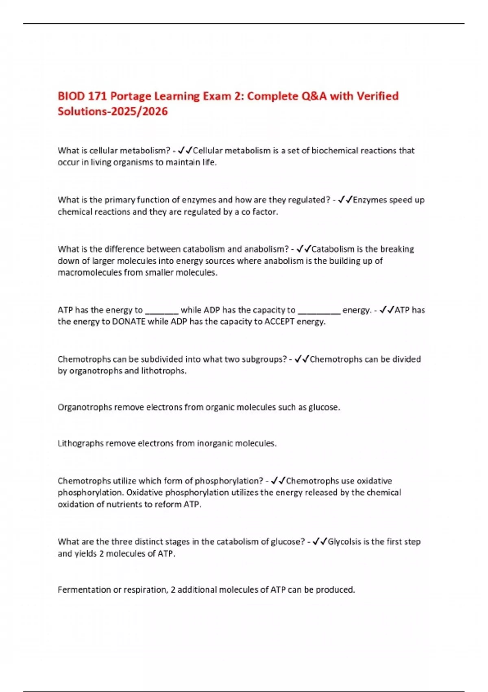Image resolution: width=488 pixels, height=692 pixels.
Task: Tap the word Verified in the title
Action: (377, 96)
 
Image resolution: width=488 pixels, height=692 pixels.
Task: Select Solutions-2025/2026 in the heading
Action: (113, 112)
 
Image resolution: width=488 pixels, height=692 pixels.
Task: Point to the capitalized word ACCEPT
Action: (279, 322)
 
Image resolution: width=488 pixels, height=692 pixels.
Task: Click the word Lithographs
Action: (81, 443)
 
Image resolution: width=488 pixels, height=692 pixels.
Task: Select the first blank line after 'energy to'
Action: (161, 311)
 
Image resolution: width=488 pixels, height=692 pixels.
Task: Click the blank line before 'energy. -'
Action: (319, 311)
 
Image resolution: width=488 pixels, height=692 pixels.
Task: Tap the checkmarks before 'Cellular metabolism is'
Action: (185, 151)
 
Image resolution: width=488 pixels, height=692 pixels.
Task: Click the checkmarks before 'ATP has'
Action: (387, 310)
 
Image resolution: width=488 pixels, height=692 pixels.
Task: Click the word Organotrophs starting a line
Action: (85, 407)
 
